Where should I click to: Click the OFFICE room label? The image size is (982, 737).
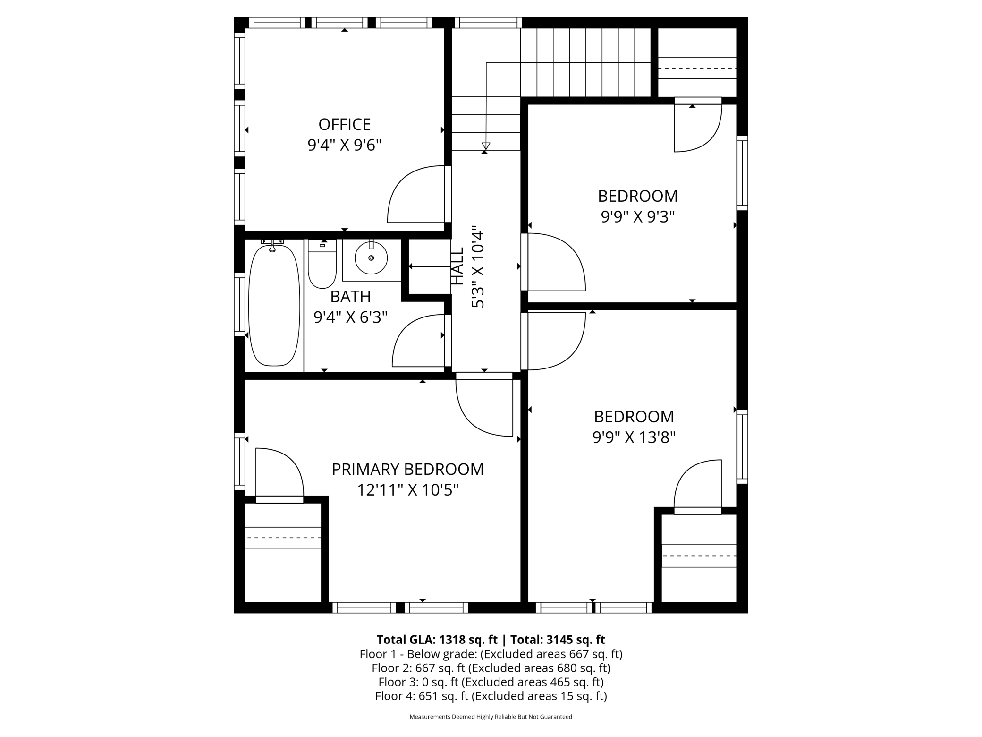[x=344, y=124]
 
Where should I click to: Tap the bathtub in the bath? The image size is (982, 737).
[x=274, y=305]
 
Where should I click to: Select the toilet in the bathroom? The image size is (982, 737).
[x=322, y=264]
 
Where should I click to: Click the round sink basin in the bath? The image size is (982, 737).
[x=371, y=258]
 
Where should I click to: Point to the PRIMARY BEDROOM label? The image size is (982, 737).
[x=407, y=469]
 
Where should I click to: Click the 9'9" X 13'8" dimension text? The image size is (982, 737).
[x=634, y=437]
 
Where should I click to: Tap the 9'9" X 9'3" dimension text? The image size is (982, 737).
[x=637, y=216]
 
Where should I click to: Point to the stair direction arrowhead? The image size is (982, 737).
[x=486, y=146]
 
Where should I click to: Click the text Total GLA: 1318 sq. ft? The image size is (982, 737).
[x=437, y=639]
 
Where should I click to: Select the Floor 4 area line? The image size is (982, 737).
[x=491, y=696]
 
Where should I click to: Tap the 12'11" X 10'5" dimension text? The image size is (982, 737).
[x=407, y=490]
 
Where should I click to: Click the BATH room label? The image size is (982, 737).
[x=350, y=296]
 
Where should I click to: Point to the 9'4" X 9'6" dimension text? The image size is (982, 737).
[x=344, y=145]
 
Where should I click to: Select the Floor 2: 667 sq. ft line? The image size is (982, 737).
[x=491, y=668]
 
